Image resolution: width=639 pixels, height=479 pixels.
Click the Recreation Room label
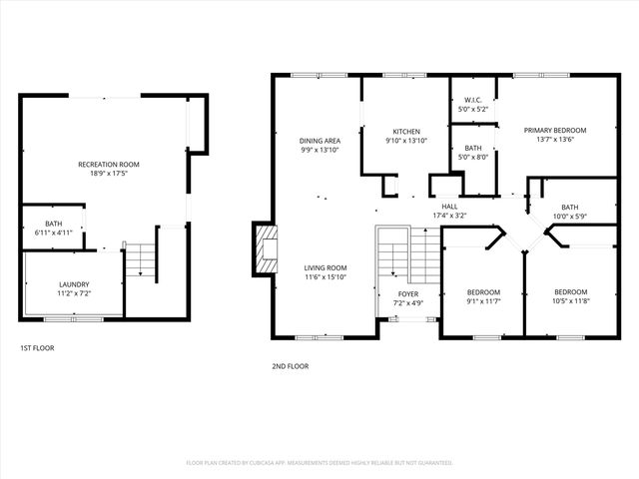109,164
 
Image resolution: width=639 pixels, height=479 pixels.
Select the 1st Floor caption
37,348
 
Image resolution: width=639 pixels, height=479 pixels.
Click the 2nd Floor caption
290,366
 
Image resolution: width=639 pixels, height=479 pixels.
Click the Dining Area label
320,141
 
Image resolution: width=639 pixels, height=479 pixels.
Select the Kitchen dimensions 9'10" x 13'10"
405,141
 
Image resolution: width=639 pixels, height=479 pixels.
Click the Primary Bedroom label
555,131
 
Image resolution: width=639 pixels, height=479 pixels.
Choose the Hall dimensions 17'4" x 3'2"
449,216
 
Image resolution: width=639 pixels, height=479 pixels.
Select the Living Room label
325,267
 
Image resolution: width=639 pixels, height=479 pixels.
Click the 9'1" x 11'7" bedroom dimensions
482,301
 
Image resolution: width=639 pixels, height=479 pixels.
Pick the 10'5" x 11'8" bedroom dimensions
569,301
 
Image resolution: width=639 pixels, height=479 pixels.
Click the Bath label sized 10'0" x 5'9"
569,207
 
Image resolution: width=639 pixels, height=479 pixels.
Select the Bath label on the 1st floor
53,224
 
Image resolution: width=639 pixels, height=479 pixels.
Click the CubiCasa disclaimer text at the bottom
319,463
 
